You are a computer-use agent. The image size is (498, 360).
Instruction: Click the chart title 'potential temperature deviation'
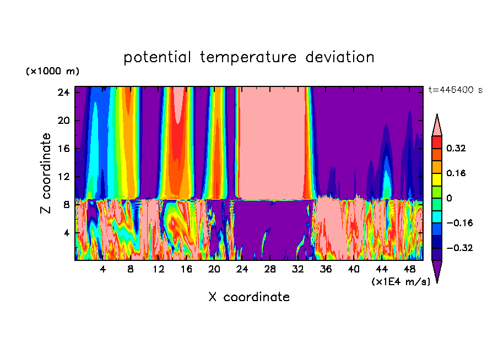point(249,57)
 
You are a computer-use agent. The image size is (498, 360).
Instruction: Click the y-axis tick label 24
point(63,92)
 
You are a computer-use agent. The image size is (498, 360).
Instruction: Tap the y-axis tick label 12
point(63,177)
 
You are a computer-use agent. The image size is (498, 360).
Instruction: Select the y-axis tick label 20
point(63,121)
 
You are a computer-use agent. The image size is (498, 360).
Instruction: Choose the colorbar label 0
point(449,198)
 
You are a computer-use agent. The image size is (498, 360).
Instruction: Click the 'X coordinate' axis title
point(249,297)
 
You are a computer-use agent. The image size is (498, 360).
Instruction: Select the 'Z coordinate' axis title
point(45,173)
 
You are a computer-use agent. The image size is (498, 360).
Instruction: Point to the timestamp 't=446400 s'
point(455,90)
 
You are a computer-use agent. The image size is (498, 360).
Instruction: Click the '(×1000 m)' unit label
point(52,72)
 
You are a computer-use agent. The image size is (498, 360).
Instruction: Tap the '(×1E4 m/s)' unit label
point(400,282)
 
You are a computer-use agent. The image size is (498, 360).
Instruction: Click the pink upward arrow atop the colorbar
point(437,124)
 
